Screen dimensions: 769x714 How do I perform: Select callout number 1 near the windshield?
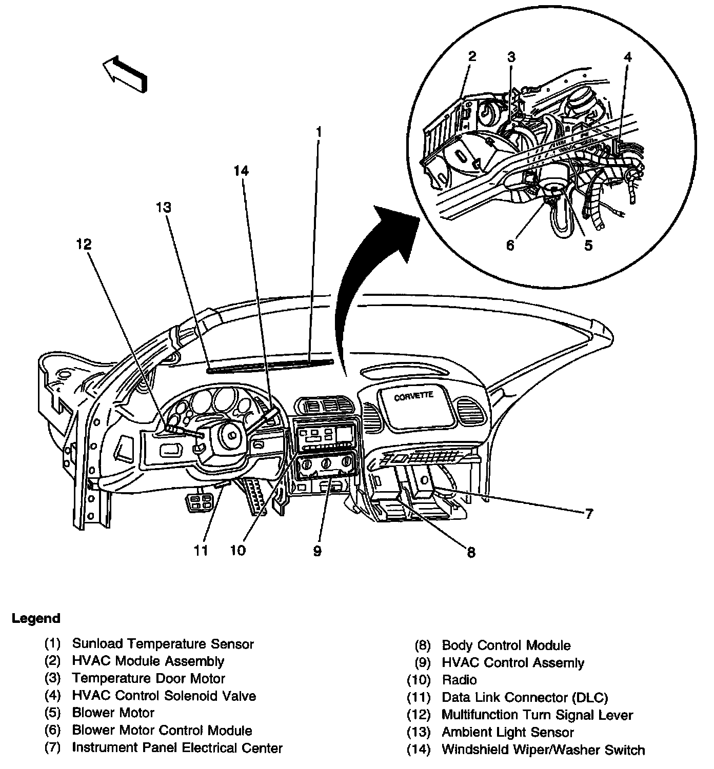319,132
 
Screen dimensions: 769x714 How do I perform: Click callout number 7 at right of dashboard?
589,513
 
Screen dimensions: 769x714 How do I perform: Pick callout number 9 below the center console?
317,551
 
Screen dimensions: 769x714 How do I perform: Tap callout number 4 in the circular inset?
627,57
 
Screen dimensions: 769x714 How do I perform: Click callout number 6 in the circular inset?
510,246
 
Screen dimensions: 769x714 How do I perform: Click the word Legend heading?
36,618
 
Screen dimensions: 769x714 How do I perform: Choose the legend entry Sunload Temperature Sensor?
163,643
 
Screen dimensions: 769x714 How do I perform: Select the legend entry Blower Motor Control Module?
162,731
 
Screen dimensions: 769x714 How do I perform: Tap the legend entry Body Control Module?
506,645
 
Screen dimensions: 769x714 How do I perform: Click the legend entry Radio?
459,680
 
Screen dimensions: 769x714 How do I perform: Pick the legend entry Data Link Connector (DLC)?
524,697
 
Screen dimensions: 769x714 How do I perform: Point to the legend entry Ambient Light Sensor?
507,732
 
